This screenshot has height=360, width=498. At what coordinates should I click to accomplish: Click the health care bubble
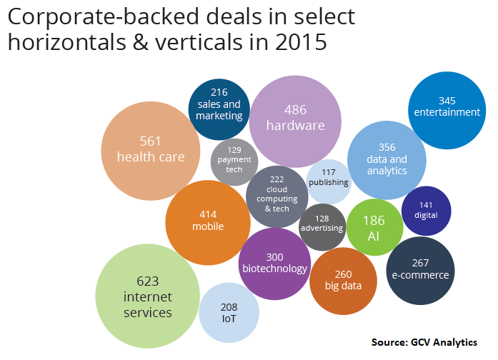point(150,149)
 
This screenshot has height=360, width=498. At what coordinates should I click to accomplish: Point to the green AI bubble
point(374,228)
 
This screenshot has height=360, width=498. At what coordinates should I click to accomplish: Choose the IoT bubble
point(229,312)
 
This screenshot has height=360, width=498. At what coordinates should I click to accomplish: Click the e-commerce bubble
point(420,269)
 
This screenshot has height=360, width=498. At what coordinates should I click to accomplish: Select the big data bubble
point(343,280)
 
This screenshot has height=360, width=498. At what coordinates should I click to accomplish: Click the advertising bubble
point(322,224)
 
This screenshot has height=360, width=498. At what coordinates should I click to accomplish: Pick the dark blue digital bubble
point(426,210)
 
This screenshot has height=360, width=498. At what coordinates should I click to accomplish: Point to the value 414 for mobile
point(208,214)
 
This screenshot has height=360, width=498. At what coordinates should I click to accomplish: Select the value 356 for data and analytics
point(387,147)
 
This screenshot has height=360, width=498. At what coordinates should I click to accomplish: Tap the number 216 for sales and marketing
point(219,91)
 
